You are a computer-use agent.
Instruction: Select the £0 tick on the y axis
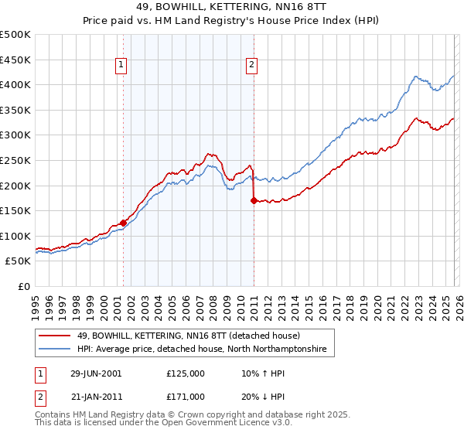pyautogui.click(x=23, y=286)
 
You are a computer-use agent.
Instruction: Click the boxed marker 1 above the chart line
pyautogui.click(x=123, y=66)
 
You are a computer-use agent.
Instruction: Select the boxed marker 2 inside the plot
pyautogui.click(x=252, y=66)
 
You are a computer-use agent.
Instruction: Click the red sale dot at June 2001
pyautogui.click(x=124, y=223)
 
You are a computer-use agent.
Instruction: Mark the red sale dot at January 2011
pyautogui.click(x=254, y=199)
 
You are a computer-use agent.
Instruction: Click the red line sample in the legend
pyautogui.click(x=55, y=336)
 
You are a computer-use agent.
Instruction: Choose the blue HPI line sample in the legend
pyautogui.click(x=55, y=349)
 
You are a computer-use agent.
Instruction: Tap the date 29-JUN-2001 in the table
pyautogui.click(x=96, y=373)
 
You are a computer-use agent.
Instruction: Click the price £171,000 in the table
pyautogui.click(x=186, y=396)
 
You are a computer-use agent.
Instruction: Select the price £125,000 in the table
pyautogui.click(x=186, y=373)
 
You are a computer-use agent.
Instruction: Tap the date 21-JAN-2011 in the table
pyautogui.click(x=96, y=396)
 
